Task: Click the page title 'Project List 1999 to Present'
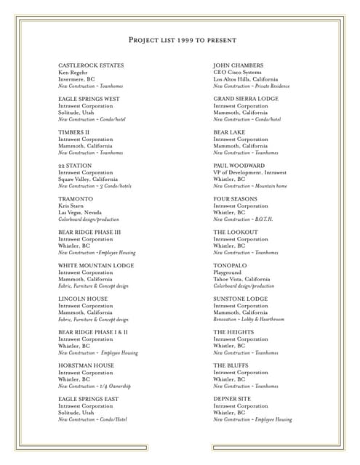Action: click(x=180, y=40)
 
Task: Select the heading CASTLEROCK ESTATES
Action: click(x=91, y=65)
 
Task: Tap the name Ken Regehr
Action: click(x=73, y=73)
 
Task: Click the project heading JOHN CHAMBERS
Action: click(x=239, y=65)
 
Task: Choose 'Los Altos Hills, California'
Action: click(x=246, y=79)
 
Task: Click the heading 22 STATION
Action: click(x=74, y=166)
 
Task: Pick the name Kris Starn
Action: click(x=73, y=206)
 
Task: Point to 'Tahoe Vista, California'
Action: click(x=241, y=279)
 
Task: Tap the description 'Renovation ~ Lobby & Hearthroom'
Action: click(x=249, y=319)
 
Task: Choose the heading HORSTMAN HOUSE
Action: click(x=86, y=365)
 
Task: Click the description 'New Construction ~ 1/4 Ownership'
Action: click(x=95, y=386)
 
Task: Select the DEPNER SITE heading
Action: click(x=232, y=399)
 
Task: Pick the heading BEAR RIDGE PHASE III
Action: click(x=89, y=232)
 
